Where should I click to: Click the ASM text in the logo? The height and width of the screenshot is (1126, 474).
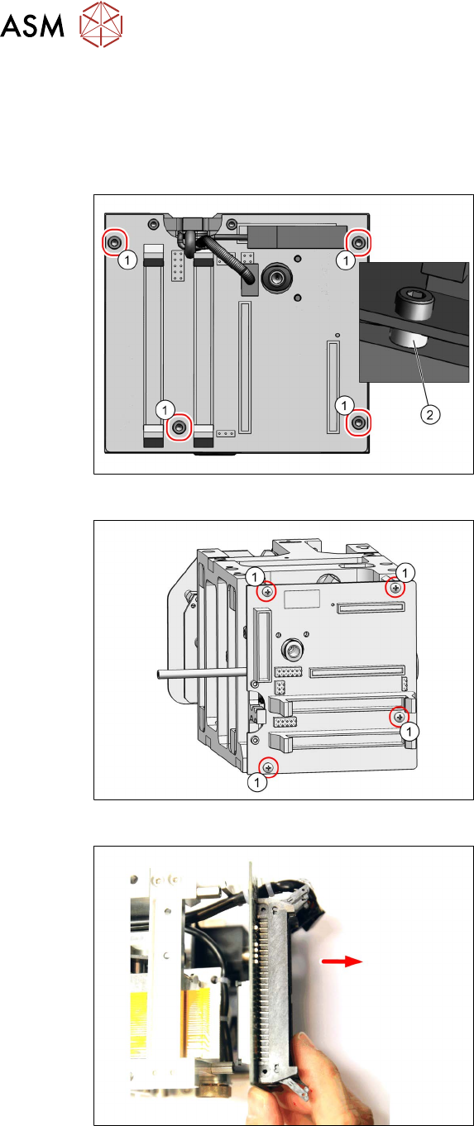(x=32, y=26)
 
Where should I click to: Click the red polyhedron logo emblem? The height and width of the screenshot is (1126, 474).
(x=101, y=24)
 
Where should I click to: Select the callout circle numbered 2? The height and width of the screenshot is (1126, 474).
(x=429, y=414)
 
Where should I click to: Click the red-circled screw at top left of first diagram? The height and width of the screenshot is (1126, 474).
(x=113, y=242)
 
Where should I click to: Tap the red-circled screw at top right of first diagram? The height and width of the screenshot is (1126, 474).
(x=358, y=243)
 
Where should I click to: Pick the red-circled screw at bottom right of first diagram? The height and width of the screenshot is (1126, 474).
(x=358, y=422)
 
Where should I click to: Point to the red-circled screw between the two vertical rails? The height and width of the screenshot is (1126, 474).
(x=179, y=427)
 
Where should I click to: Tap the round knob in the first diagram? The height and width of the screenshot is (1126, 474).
(x=276, y=275)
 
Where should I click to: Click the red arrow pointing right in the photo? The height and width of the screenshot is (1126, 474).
(x=342, y=961)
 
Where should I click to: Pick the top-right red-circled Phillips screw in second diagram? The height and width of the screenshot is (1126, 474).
(x=396, y=587)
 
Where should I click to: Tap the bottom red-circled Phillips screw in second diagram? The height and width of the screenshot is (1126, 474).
(x=268, y=766)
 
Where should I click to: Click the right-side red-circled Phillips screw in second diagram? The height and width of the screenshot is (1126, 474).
(x=400, y=717)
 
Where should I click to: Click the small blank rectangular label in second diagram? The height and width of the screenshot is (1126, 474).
(x=302, y=598)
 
